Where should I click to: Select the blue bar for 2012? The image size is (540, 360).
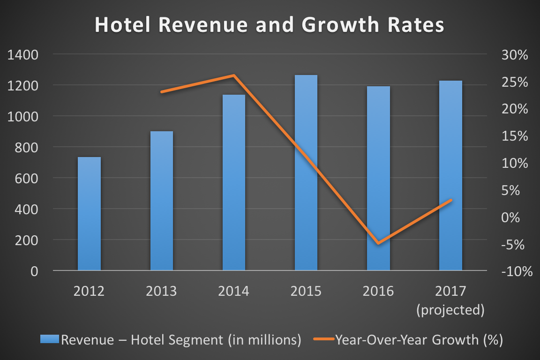(89, 214)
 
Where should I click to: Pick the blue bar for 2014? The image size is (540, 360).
(234, 183)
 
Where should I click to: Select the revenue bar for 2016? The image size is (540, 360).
(378, 178)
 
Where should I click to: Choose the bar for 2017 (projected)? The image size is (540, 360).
(450, 175)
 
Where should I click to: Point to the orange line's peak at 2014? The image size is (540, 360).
(234, 75)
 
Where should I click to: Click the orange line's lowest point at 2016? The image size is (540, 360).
(378, 243)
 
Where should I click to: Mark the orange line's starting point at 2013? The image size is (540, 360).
(162, 92)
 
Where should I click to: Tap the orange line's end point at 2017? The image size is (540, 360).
(450, 200)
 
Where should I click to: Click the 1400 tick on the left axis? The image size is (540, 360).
(23, 55)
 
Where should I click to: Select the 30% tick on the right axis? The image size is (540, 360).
(515, 55)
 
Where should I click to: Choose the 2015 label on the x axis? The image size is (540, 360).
(306, 292)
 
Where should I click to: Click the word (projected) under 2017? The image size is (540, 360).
(450, 310)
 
